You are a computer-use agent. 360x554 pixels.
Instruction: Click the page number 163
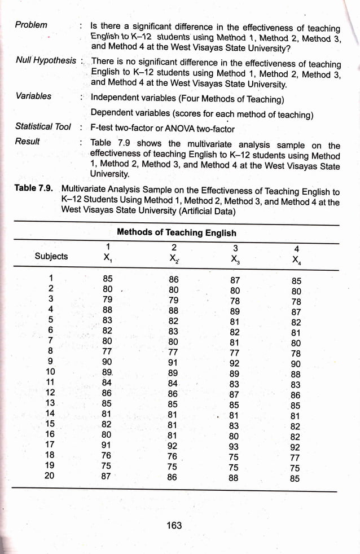click(174, 525)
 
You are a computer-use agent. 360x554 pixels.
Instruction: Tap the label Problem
click(31, 25)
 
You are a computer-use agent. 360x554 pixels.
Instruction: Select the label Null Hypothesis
click(45, 60)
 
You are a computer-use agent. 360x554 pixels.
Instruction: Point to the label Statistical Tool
click(43, 126)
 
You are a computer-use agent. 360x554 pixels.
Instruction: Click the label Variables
click(33, 96)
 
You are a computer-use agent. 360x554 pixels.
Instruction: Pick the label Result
click(27, 141)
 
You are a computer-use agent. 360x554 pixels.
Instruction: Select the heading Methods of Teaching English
click(176, 232)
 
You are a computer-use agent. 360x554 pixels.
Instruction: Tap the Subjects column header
click(51, 256)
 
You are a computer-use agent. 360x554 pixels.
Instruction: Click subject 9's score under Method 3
click(235, 363)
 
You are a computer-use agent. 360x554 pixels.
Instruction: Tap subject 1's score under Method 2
click(173, 279)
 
